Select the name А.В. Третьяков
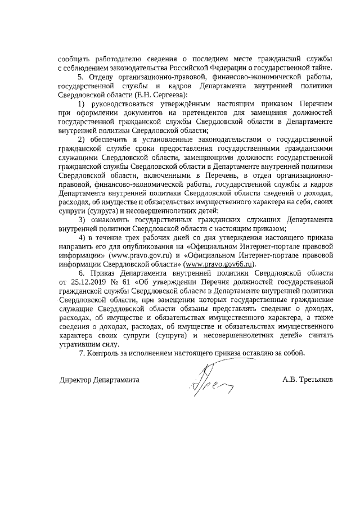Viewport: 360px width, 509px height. point(308,380)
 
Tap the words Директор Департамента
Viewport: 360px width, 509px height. point(100,380)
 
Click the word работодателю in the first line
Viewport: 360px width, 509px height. point(120,59)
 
